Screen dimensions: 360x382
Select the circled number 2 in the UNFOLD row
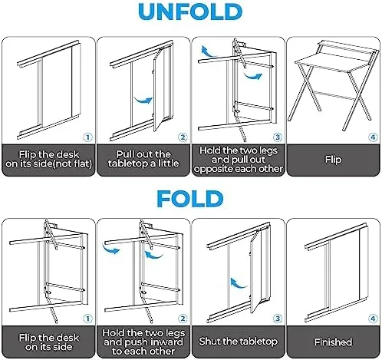[x=182, y=137]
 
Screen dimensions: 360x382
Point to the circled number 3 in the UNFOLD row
[x=277, y=137]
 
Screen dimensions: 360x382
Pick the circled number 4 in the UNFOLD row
[x=371, y=137]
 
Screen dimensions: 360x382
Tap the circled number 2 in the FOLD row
[x=182, y=316]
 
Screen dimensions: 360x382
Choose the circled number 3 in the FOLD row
[x=277, y=316]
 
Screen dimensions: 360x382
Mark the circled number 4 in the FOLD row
[x=371, y=316]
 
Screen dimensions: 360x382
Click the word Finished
[x=333, y=342]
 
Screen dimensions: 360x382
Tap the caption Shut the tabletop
[x=238, y=340]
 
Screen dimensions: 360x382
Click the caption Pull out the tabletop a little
[x=143, y=160]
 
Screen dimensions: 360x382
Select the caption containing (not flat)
[x=48, y=160]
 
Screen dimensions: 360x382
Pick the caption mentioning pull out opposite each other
[x=238, y=159]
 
